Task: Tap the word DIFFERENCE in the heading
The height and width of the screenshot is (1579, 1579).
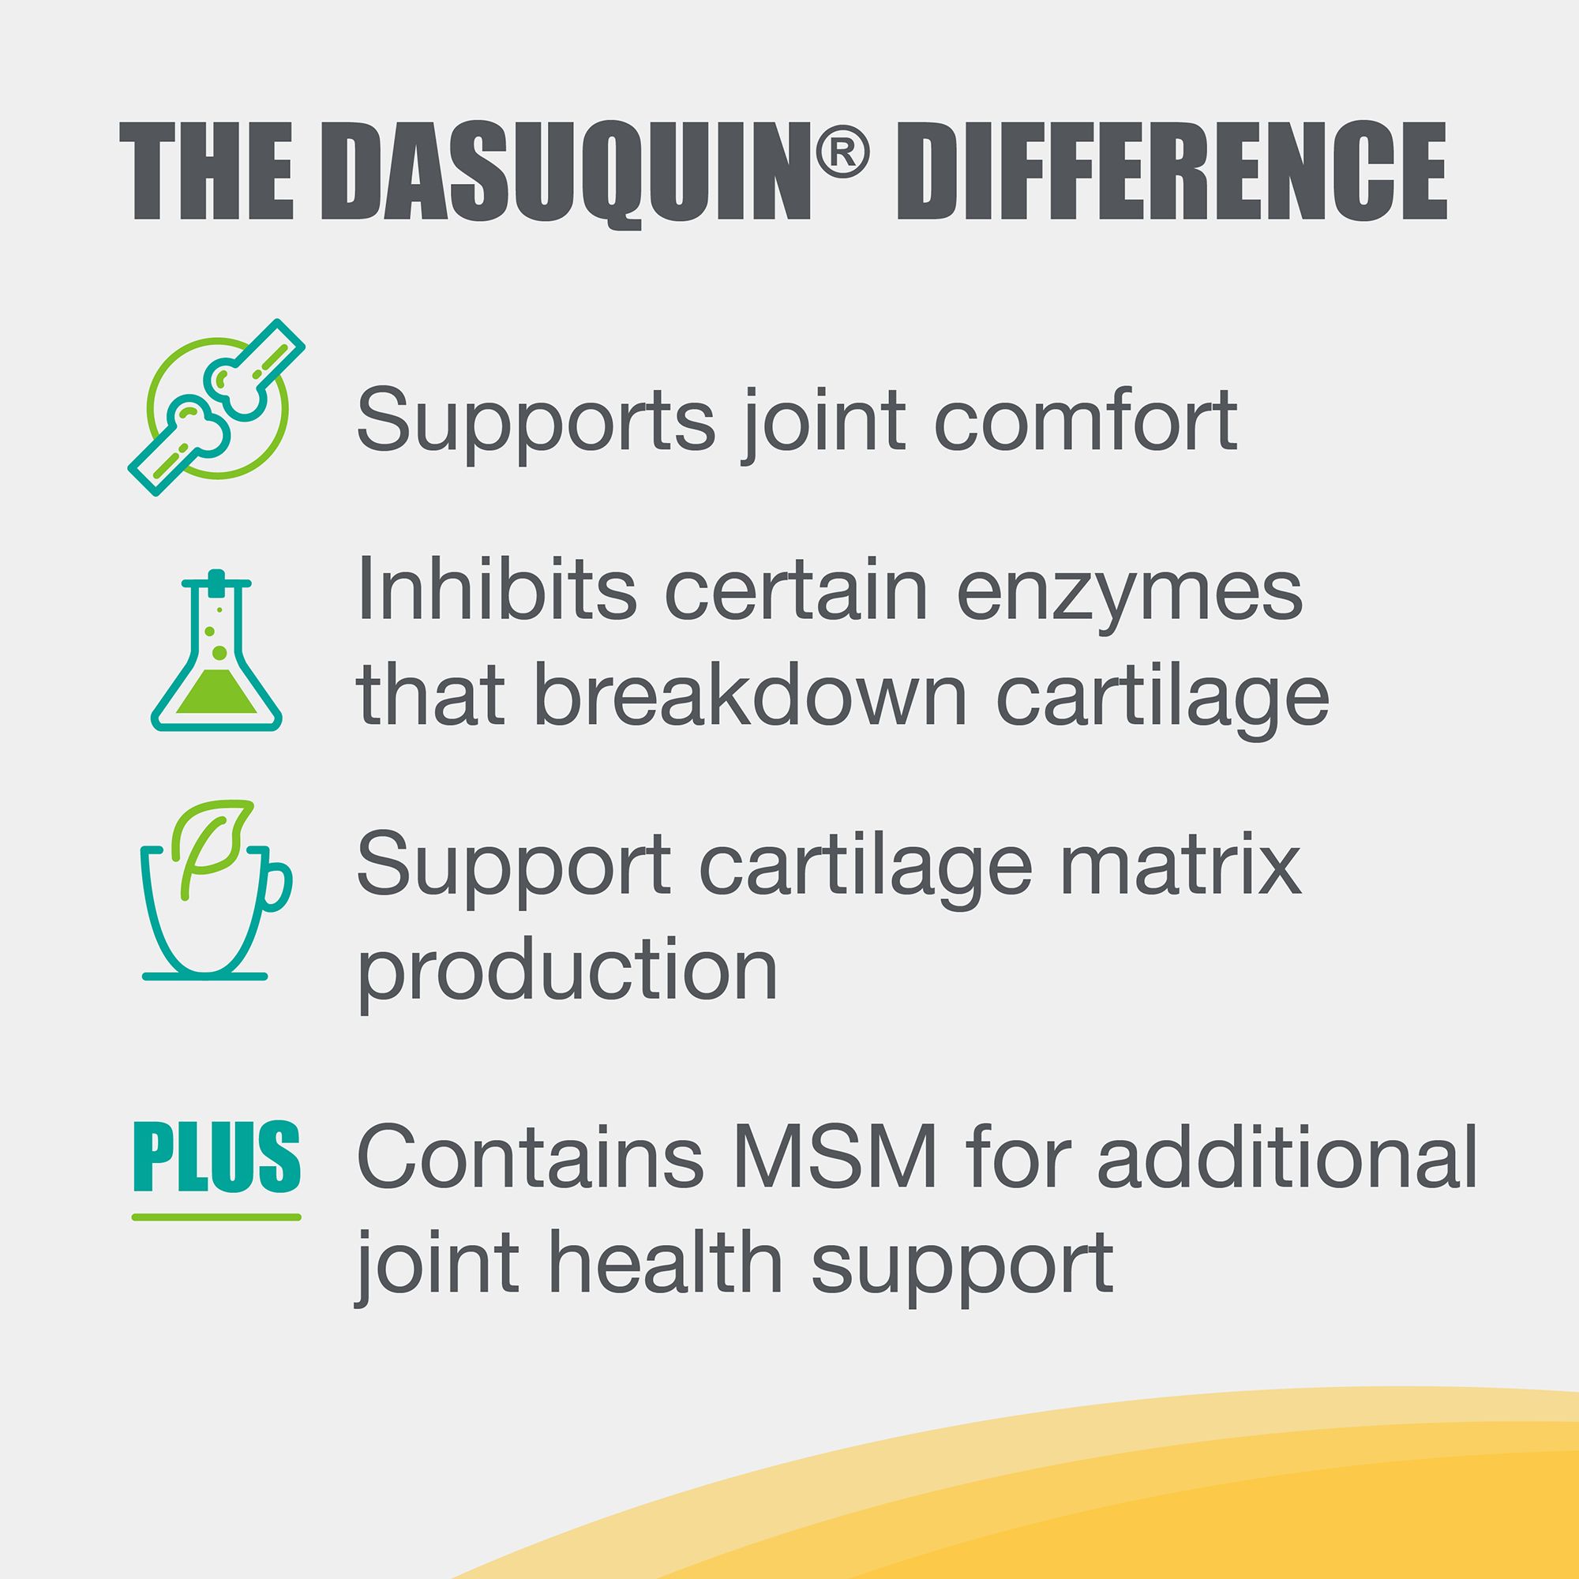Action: click(1172, 171)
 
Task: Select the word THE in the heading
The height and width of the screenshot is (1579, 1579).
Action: click(206, 171)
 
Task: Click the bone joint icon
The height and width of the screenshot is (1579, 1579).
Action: click(216, 407)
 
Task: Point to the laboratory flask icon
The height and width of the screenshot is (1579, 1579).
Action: click(216, 651)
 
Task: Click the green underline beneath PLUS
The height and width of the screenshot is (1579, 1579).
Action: click(216, 1217)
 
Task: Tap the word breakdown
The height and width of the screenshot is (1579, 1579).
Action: click(751, 696)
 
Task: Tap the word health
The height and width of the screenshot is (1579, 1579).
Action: click(665, 1263)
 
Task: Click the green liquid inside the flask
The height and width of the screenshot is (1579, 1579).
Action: click(216, 692)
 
